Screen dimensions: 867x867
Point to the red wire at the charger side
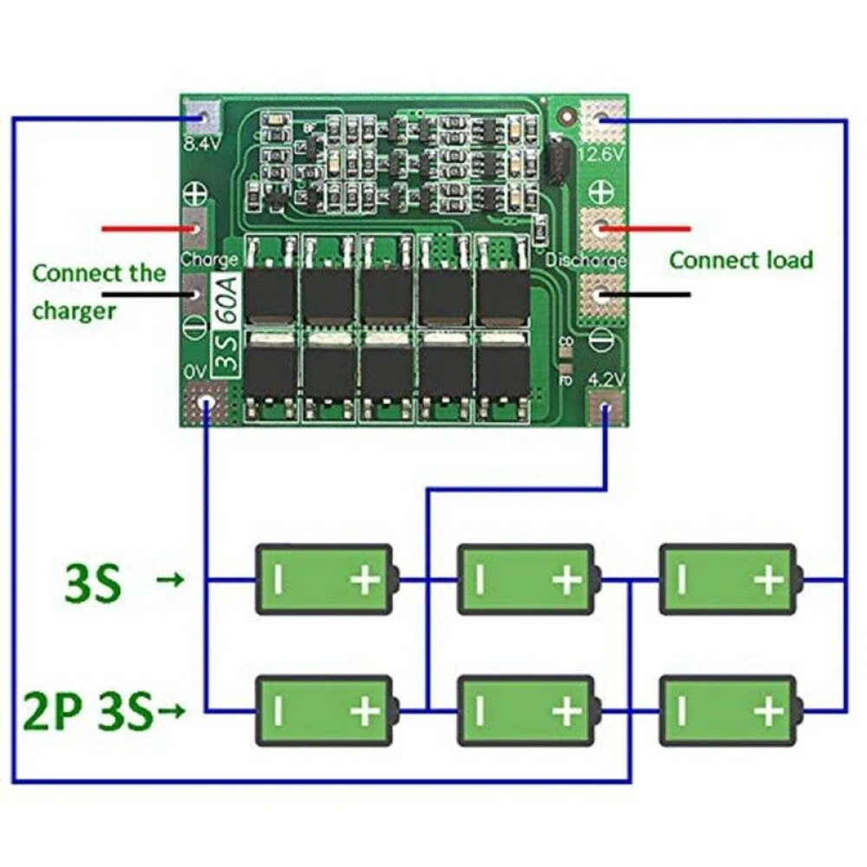147,230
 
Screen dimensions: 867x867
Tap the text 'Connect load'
741,259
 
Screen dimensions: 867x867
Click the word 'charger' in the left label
74,310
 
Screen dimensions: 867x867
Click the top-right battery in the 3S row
728,579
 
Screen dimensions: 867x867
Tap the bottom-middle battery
526,711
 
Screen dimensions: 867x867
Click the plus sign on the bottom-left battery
365,712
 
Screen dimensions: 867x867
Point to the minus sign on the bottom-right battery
681,712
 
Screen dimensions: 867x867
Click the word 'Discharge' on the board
586,260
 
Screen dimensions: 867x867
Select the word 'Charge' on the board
209,259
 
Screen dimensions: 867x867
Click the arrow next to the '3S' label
173,580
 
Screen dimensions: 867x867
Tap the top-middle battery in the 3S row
526,579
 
